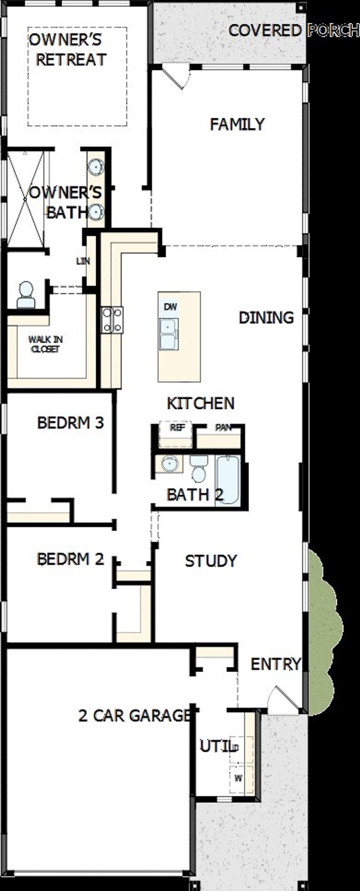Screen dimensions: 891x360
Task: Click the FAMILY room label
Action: [237, 124]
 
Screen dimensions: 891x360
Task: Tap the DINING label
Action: [266, 317]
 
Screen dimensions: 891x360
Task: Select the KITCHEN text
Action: [201, 403]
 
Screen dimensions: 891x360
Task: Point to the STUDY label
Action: [211, 561]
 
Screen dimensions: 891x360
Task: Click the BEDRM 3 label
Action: [70, 422]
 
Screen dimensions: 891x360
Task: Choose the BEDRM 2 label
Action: [70, 559]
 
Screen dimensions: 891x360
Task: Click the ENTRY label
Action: [276, 664]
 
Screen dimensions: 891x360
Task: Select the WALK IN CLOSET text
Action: [45, 344]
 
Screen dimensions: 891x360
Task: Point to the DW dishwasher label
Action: [170, 306]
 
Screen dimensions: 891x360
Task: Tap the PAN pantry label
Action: [223, 428]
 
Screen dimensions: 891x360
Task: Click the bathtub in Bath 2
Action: [228, 480]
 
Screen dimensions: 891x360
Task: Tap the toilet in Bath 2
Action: [199, 469]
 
